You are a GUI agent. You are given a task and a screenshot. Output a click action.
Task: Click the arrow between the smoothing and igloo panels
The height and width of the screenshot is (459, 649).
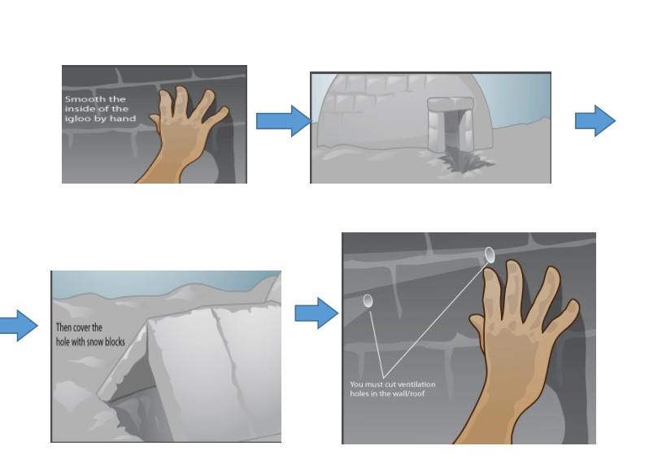(284, 121)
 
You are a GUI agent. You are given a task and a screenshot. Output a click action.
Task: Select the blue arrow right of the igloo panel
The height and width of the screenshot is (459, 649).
(595, 121)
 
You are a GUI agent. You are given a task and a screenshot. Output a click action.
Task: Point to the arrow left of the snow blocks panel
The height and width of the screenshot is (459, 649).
(19, 326)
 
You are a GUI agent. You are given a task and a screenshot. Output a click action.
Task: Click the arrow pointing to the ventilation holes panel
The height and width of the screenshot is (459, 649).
(316, 313)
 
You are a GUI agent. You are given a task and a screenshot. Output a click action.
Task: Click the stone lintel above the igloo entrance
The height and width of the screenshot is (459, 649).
(451, 103)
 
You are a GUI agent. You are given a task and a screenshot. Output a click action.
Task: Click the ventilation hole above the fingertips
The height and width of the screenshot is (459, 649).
(490, 255)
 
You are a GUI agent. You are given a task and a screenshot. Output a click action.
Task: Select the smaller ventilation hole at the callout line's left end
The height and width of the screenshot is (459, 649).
(368, 301)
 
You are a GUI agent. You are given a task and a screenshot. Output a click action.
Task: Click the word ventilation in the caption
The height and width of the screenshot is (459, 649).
(416, 384)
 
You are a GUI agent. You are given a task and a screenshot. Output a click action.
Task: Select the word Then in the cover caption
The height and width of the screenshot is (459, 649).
(64, 327)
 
